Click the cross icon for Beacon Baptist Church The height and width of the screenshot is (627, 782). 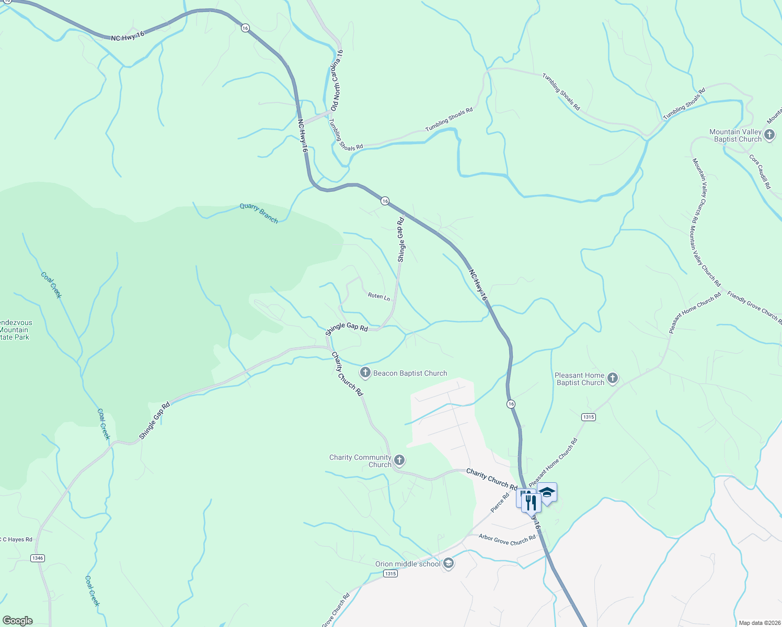pos(365,373)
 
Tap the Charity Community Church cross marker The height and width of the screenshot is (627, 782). pos(399,460)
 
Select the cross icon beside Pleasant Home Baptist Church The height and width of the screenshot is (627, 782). pos(613,378)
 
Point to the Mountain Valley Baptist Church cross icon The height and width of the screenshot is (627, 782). pos(769,135)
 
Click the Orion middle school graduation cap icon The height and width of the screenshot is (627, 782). pos(448,563)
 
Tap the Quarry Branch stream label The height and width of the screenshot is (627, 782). pos(259,213)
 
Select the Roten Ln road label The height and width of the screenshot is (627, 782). pos(379,296)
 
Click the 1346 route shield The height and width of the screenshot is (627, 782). pos(38,558)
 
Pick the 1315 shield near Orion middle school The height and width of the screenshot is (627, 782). pos(390,573)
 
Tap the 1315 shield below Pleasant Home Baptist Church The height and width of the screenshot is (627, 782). pos(588,416)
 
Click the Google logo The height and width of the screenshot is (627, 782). pos(18,620)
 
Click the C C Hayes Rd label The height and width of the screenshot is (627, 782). pos(17,539)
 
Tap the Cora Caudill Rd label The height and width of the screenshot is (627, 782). pos(760,171)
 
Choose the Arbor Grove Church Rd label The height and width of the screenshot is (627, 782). pos(507,539)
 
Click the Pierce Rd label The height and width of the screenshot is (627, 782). pos(500,503)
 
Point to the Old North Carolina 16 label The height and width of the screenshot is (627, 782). pos(337,79)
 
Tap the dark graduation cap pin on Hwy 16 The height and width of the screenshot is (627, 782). pos(547,492)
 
